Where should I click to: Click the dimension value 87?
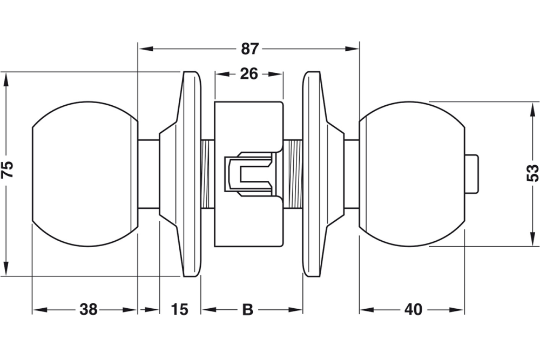(249, 49)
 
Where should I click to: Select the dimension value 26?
(249, 74)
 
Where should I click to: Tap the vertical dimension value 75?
(7, 171)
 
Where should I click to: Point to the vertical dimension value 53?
(532, 173)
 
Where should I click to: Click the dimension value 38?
(89, 310)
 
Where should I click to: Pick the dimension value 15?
(180, 310)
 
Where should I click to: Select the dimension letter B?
(247, 310)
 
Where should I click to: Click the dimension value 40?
(413, 310)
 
